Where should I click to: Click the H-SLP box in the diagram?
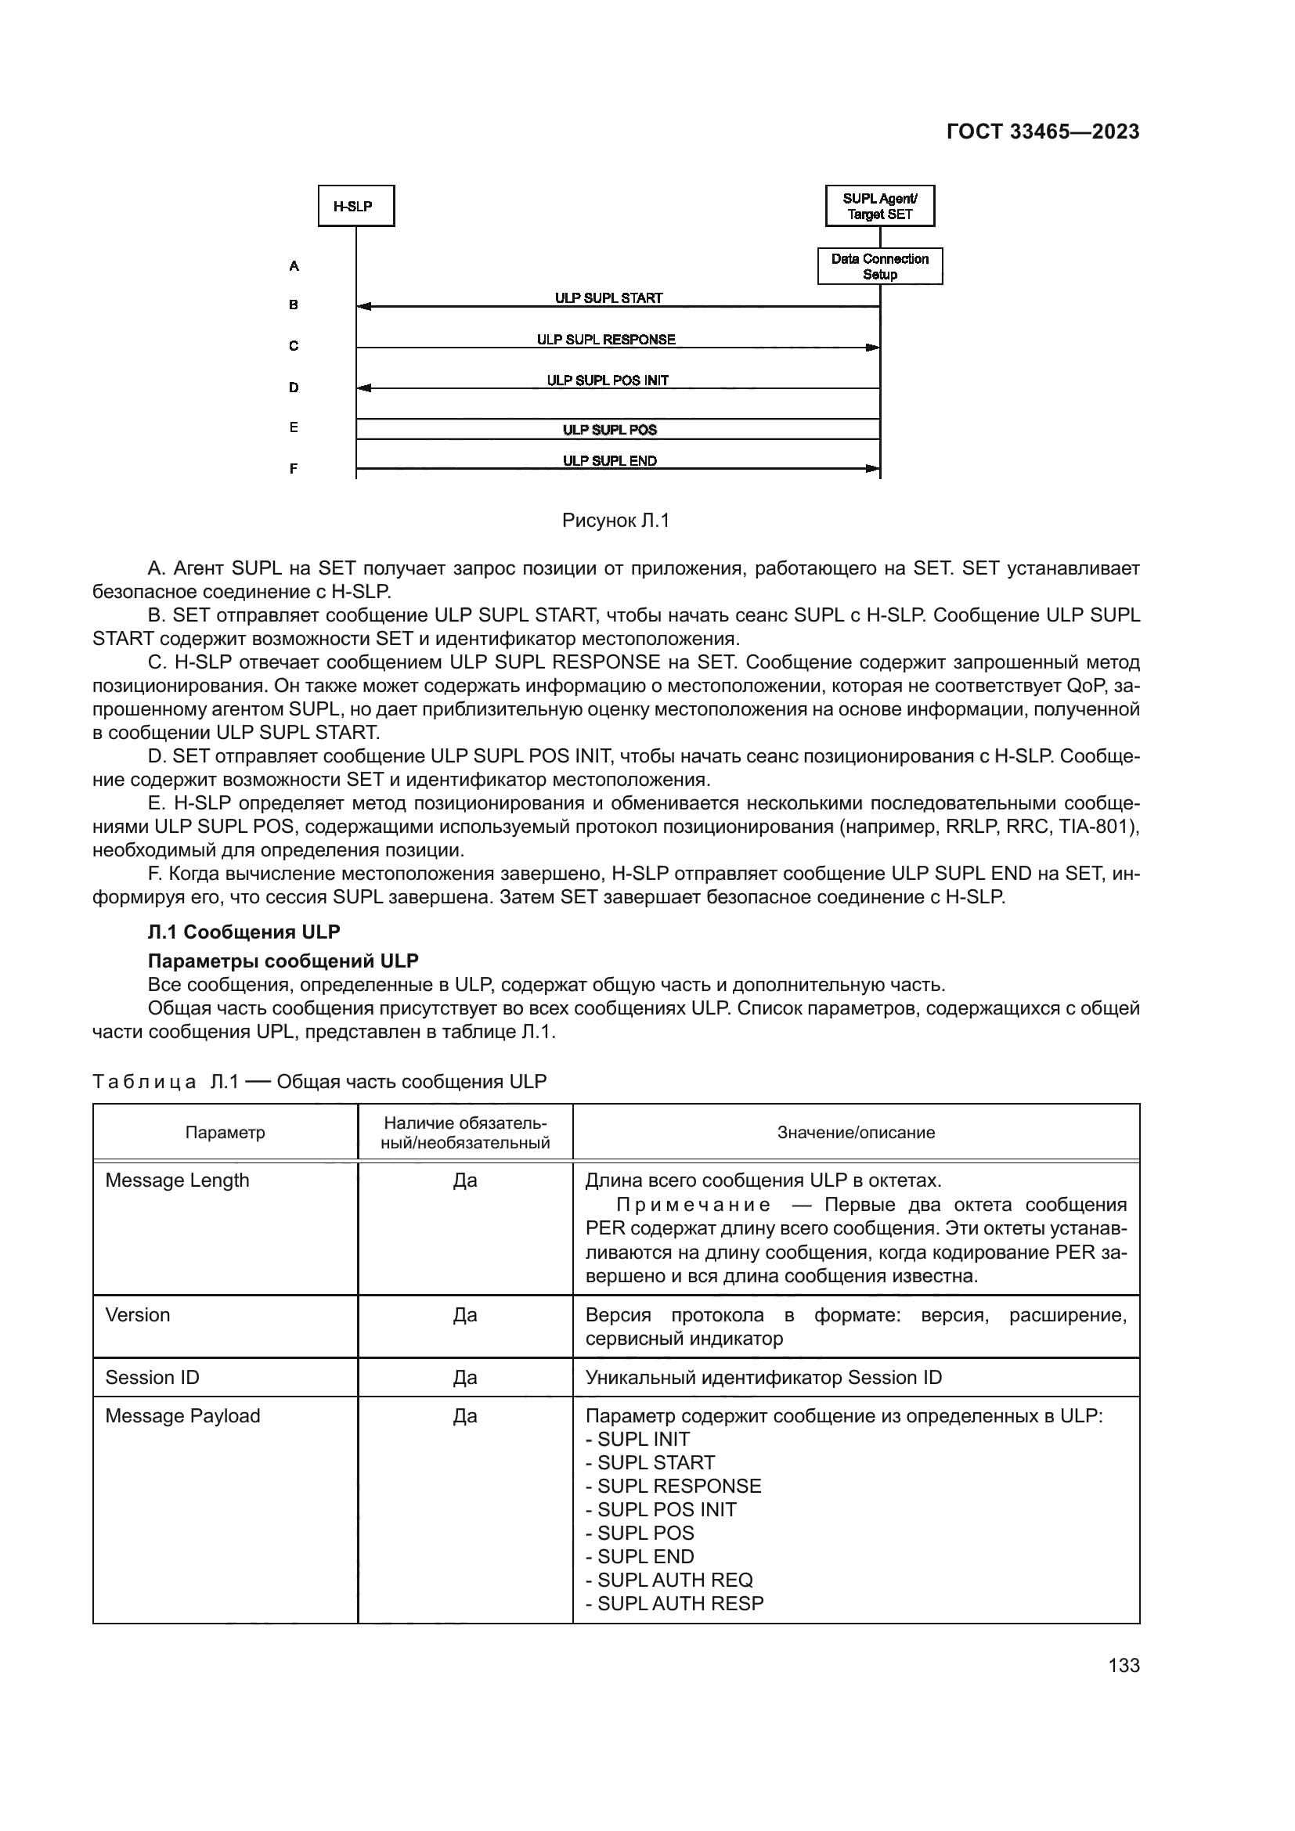(355, 207)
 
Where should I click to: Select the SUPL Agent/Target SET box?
(879, 207)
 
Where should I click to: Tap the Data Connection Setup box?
(879, 266)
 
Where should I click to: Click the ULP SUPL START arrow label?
(608, 298)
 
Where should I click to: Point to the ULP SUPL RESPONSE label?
(605, 340)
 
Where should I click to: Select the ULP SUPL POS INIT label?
(608, 380)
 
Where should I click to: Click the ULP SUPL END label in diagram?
(609, 461)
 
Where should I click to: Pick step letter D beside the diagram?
(294, 387)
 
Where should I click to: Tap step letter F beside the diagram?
(294, 469)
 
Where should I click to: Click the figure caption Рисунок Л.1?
(615, 521)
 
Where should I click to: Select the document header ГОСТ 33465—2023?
(1042, 132)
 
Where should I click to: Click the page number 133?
(1124, 1665)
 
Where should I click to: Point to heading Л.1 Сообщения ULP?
(244, 932)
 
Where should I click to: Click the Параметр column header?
(225, 1133)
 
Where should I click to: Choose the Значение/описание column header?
(856, 1133)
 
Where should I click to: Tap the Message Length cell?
(177, 1180)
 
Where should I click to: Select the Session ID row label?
(153, 1377)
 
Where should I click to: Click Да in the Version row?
(465, 1315)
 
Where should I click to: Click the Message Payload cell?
(182, 1415)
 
